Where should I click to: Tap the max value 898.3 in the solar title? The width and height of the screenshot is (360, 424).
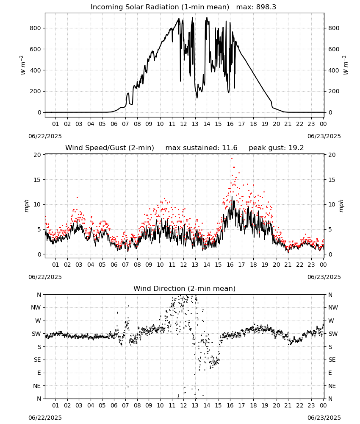pyautogui.click(x=266, y=7)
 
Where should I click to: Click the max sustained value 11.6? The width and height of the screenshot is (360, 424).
pyautogui.click(x=230, y=148)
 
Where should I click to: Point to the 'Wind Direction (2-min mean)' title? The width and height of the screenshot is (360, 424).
pyautogui.click(x=185, y=288)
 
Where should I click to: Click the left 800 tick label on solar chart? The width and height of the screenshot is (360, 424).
pyautogui.click(x=36, y=28)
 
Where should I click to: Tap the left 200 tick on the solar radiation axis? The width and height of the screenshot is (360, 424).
pyautogui.click(x=36, y=92)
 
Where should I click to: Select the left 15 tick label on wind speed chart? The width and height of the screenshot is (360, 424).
pyautogui.click(x=38, y=180)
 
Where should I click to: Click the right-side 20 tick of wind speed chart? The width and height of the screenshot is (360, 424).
pyautogui.click(x=332, y=155)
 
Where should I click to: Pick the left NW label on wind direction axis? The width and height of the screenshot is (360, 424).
pyautogui.click(x=36, y=308)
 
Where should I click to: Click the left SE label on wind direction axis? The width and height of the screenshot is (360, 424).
pyautogui.click(x=38, y=360)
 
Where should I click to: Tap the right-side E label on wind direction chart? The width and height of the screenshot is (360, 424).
pyautogui.click(x=330, y=373)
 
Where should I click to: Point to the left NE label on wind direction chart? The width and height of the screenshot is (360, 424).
pyautogui.click(x=37, y=386)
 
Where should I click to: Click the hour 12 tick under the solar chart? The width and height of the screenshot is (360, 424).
pyautogui.click(x=183, y=124)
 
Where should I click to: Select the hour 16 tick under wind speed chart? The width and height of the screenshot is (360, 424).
pyautogui.click(x=230, y=265)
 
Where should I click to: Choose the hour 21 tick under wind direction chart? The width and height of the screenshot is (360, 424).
pyautogui.click(x=288, y=406)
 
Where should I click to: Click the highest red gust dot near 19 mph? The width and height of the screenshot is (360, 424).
pyautogui.click(x=232, y=159)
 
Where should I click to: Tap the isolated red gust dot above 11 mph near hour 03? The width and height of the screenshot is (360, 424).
pyautogui.click(x=77, y=198)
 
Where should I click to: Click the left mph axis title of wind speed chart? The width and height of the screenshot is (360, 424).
pyautogui.click(x=26, y=206)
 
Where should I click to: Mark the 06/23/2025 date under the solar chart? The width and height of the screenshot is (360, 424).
pyautogui.click(x=324, y=136)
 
